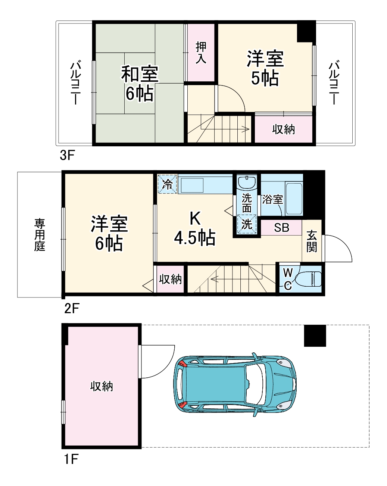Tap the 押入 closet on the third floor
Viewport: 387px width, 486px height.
(201, 53)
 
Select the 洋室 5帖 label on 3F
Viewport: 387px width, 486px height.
(265, 68)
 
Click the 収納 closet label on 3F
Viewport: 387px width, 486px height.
(283, 129)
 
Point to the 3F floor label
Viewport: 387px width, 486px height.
(67, 155)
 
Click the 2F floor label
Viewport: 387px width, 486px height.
(72, 308)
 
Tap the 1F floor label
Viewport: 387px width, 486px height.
(71, 459)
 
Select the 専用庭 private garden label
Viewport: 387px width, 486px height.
(40, 235)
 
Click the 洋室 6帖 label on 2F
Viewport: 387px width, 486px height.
(109, 233)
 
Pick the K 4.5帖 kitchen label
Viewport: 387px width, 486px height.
(194, 228)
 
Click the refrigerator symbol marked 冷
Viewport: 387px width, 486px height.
(167, 184)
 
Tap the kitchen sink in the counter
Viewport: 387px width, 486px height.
(191, 185)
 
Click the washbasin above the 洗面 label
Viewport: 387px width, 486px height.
(247, 183)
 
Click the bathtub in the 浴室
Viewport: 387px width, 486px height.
(294, 198)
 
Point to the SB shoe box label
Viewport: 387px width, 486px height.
(281, 227)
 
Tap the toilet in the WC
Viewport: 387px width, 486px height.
(309, 278)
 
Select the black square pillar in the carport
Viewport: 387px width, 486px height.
(315, 336)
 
